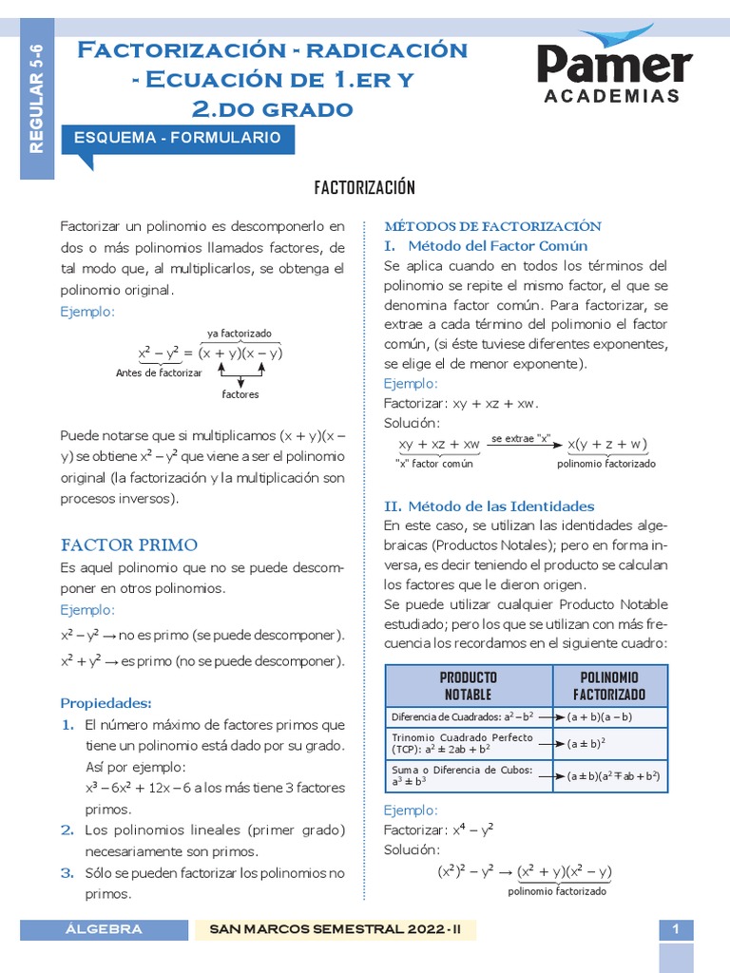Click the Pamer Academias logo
[x=613, y=67]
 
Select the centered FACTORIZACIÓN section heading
[x=365, y=187]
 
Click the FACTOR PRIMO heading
[x=129, y=544]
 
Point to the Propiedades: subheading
[x=106, y=703]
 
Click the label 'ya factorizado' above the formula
[x=240, y=334]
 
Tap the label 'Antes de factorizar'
[x=159, y=373]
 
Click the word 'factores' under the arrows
[x=240, y=393]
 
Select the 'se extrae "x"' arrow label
[x=521, y=438]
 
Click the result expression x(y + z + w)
[x=607, y=445]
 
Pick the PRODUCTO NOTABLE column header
[x=469, y=686]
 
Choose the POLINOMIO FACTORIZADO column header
[x=609, y=686]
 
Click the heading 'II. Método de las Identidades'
[x=489, y=506]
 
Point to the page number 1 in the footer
[x=676, y=930]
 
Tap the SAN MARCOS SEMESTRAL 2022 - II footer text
[x=335, y=929]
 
